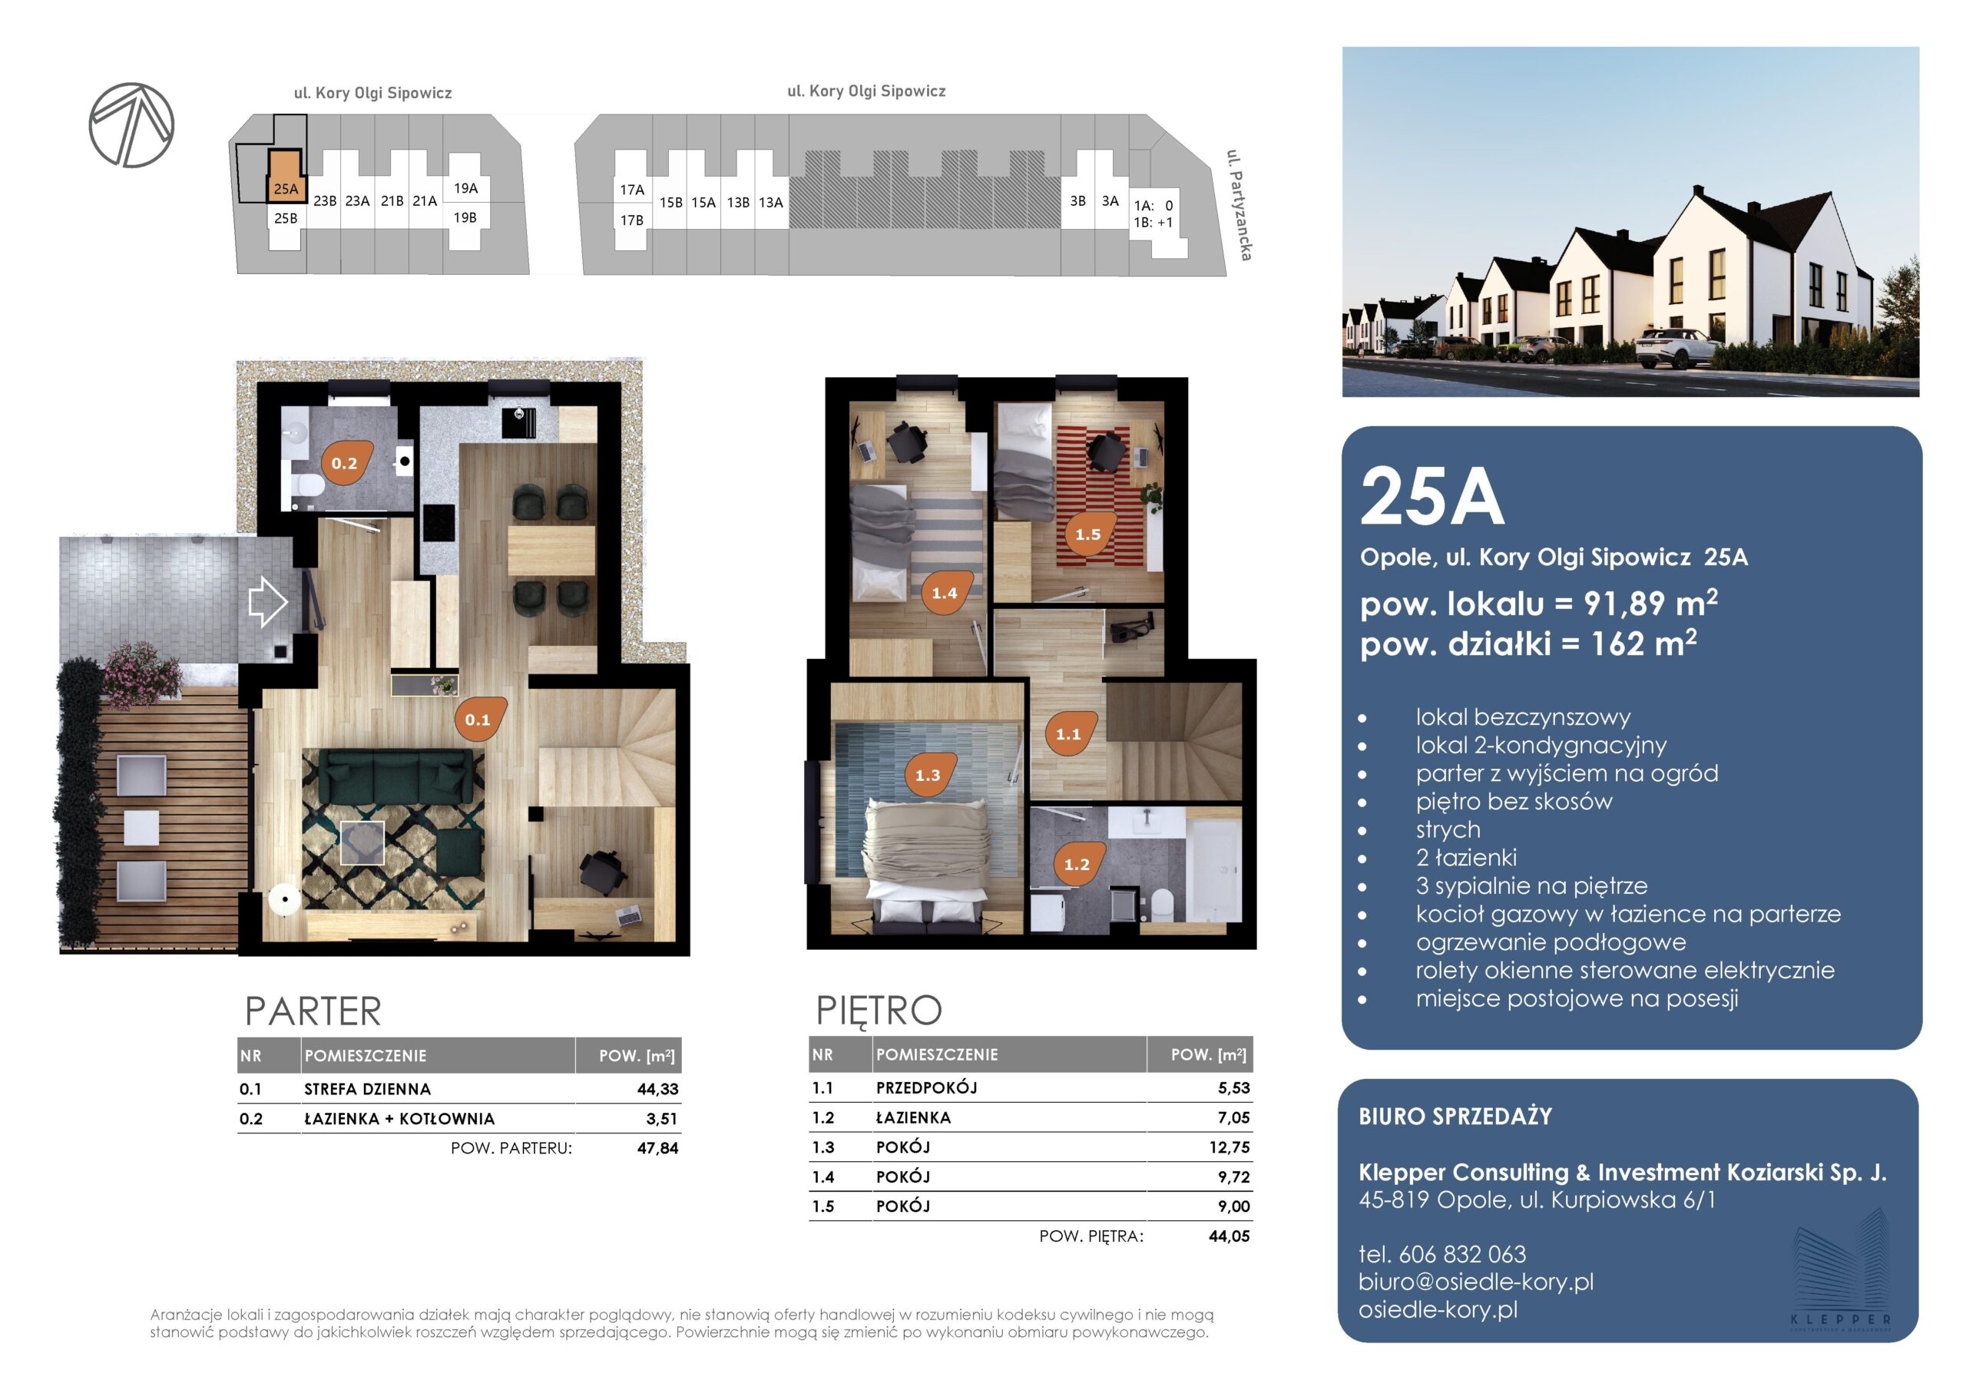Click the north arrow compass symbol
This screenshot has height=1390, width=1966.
click(131, 125)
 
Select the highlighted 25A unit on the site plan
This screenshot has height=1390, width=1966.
click(286, 177)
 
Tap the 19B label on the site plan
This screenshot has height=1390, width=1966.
click(465, 217)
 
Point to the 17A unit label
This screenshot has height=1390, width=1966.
click(632, 189)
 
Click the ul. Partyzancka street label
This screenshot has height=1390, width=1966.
click(1239, 205)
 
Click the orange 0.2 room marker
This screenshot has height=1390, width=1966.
click(347, 463)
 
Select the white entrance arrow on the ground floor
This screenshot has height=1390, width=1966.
click(267, 601)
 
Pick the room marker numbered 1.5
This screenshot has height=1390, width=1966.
click(1089, 534)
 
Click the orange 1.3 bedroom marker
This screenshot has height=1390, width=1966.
click(929, 775)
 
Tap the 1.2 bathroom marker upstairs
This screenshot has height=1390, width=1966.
click(1077, 864)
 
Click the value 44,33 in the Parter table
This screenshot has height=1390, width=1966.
click(657, 1090)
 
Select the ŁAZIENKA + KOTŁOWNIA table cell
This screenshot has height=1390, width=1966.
click(399, 1118)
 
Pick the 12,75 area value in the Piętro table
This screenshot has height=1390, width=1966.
click(1229, 1147)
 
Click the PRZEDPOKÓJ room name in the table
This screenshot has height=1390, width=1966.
click(926, 1087)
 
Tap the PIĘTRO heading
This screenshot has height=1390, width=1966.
click(879, 1011)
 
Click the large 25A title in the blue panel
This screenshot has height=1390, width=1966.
click(1431, 497)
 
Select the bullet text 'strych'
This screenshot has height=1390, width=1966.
click(1448, 829)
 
